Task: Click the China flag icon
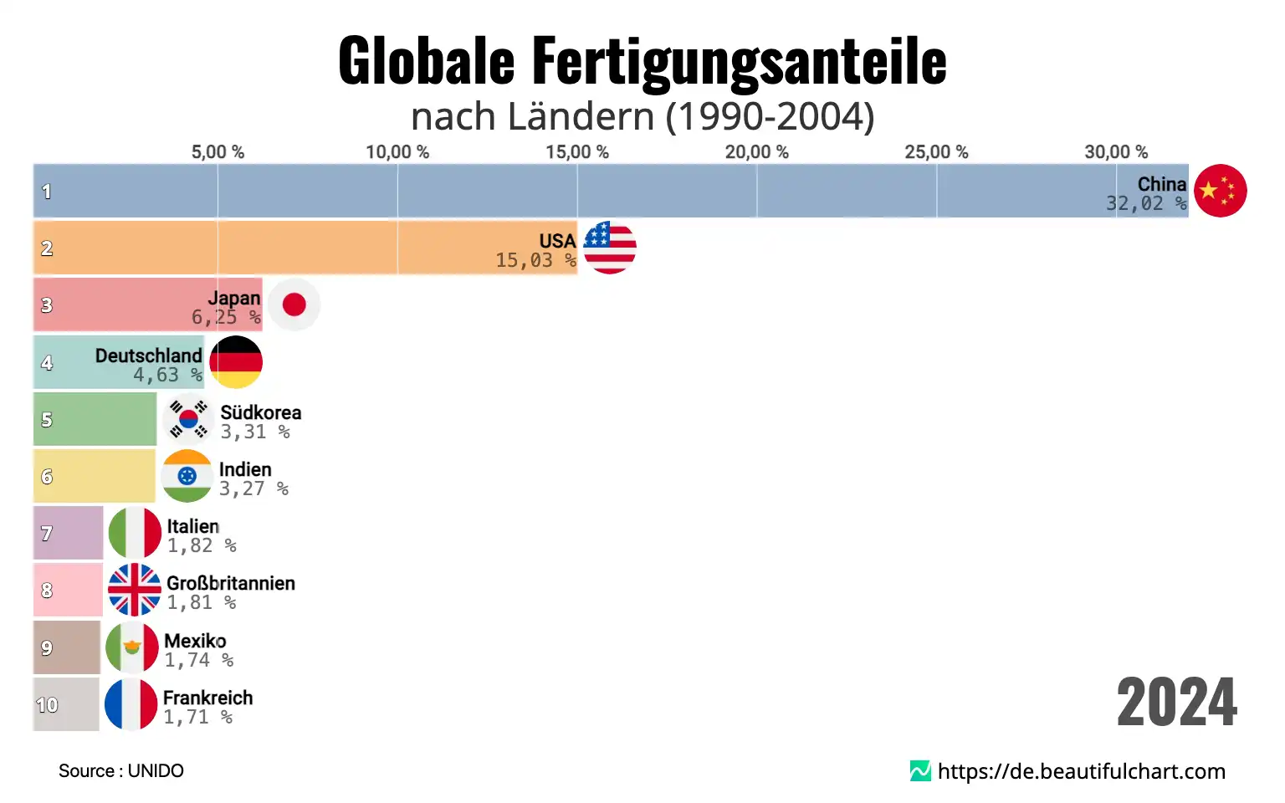[x=1220, y=191]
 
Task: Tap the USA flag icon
[x=610, y=248]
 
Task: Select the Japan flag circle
[x=294, y=304]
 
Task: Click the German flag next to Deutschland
[x=236, y=362]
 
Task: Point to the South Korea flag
[x=188, y=419]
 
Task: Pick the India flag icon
[x=187, y=476]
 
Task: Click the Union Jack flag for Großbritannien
[x=135, y=590]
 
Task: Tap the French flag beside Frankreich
[x=131, y=704]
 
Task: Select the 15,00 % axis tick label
[x=577, y=152]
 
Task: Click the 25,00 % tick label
[x=936, y=152]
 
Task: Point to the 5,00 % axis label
[x=218, y=152]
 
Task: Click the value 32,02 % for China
[x=1145, y=204]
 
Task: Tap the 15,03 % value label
[x=535, y=261]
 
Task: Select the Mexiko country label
[x=195, y=641]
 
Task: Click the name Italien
[x=192, y=526]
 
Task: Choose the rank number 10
[x=47, y=705]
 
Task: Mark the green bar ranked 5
[x=95, y=419]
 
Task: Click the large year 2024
[x=1176, y=703]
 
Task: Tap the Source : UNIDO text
[x=121, y=771]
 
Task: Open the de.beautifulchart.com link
[x=1080, y=771]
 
